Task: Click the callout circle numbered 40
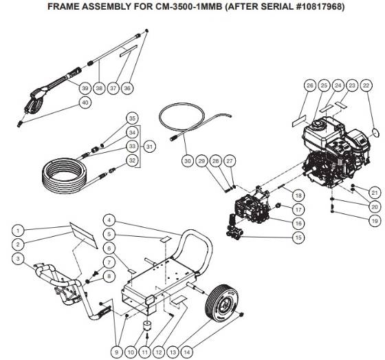click(x=85, y=103)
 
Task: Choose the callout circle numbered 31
click(x=149, y=146)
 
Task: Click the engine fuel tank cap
click(x=318, y=125)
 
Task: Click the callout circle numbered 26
click(x=309, y=85)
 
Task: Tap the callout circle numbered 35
click(x=133, y=118)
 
